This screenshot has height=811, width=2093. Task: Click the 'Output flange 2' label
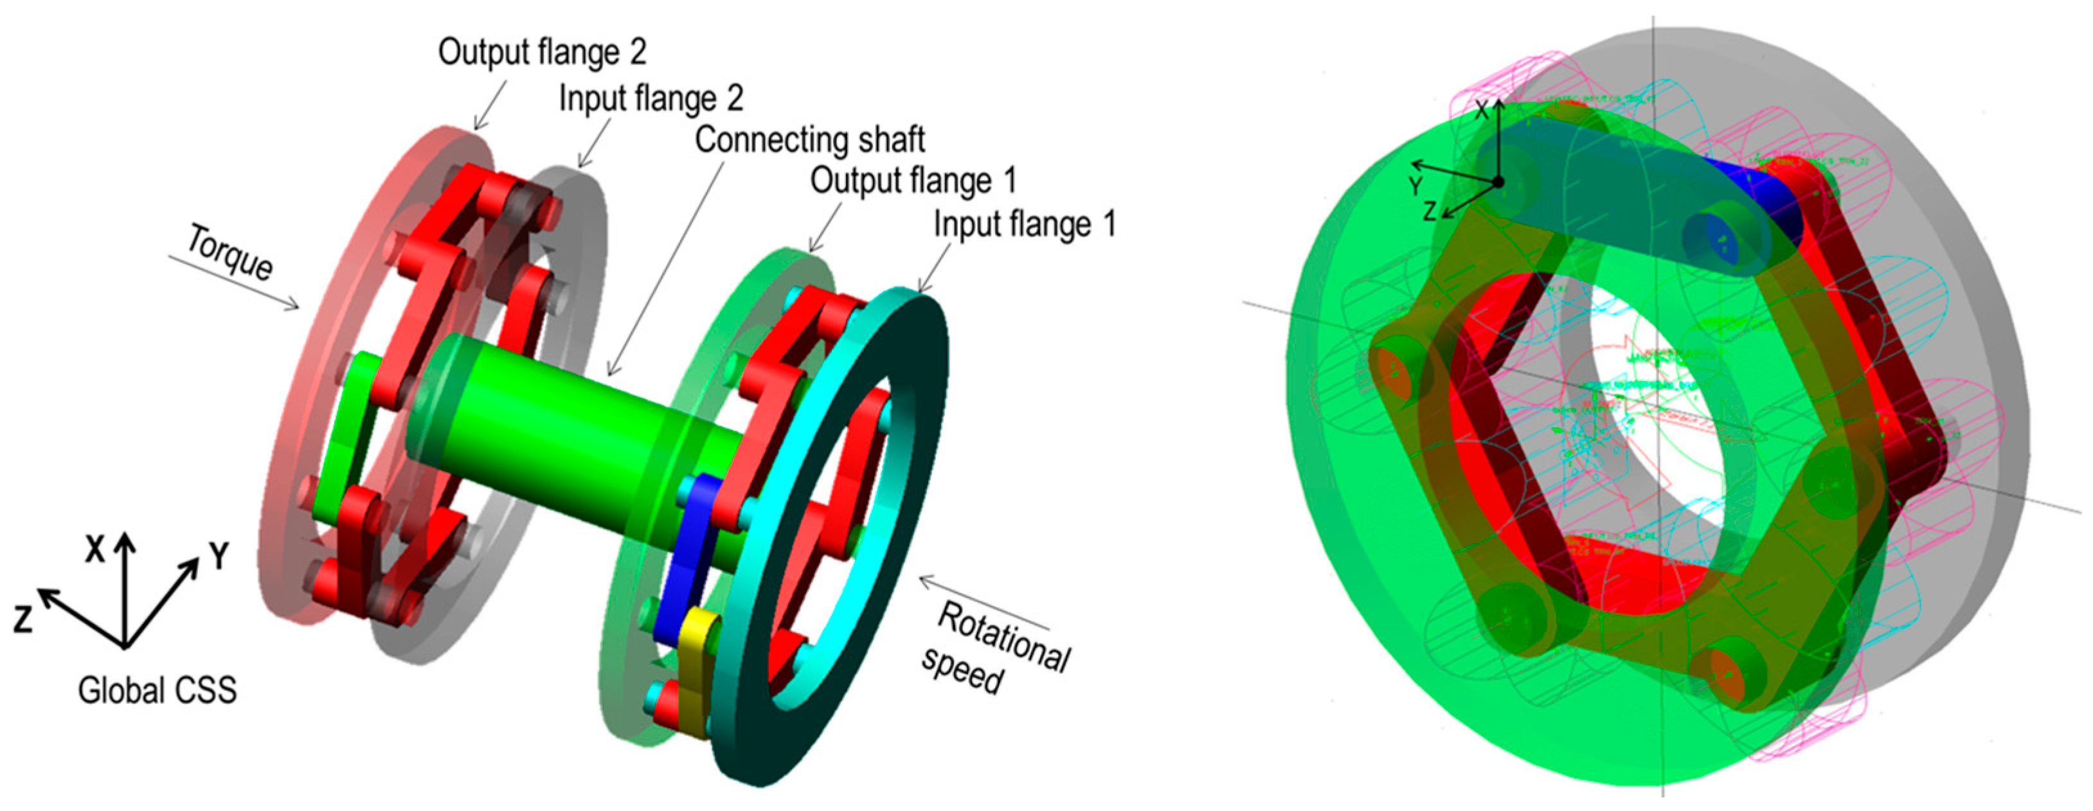point(542,52)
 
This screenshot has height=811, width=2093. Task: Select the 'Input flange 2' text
point(651,98)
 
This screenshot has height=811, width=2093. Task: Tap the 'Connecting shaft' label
point(809,139)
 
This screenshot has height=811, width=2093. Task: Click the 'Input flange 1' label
point(1025,224)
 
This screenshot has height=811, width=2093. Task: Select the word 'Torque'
point(231,253)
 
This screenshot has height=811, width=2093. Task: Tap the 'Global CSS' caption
point(157,691)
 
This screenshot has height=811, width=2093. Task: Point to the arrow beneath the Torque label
point(235,283)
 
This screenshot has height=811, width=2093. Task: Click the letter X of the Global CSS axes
point(95,550)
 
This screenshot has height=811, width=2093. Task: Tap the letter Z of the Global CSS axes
point(22,619)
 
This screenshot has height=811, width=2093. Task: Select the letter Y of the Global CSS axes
point(219,556)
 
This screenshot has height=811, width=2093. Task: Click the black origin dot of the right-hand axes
point(1499,182)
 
